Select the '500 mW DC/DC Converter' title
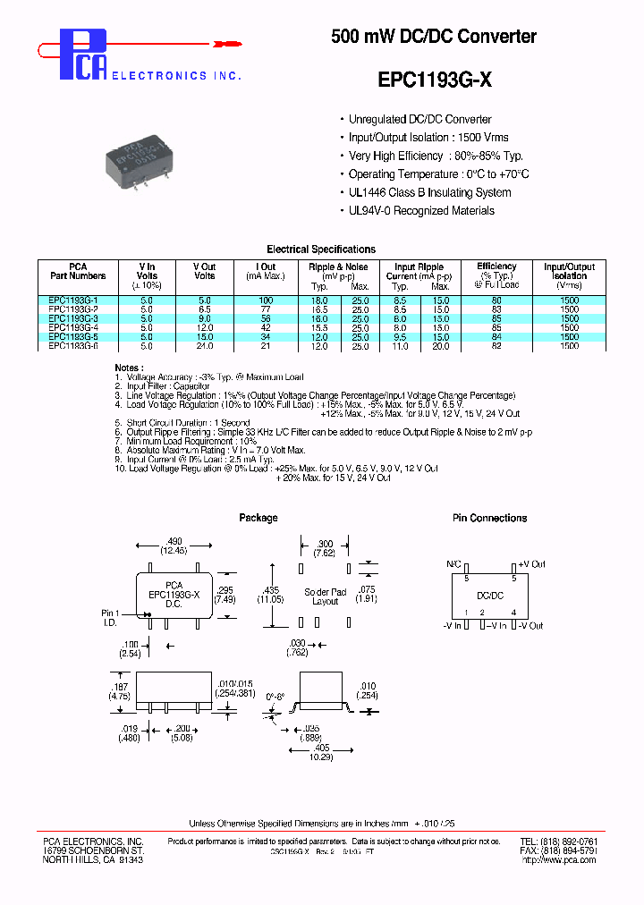click(x=434, y=37)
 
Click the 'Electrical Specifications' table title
click(x=321, y=250)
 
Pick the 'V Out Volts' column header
click(x=205, y=271)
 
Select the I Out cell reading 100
click(x=266, y=300)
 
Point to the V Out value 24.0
click(x=205, y=345)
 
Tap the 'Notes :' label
click(x=128, y=368)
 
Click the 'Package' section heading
click(x=258, y=518)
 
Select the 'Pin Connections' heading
click(x=489, y=518)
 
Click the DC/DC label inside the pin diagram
click(x=489, y=594)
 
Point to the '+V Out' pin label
click(x=531, y=565)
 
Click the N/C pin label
click(x=453, y=565)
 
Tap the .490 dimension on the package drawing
click(x=174, y=541)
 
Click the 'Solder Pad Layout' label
click(x=325, y=596)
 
